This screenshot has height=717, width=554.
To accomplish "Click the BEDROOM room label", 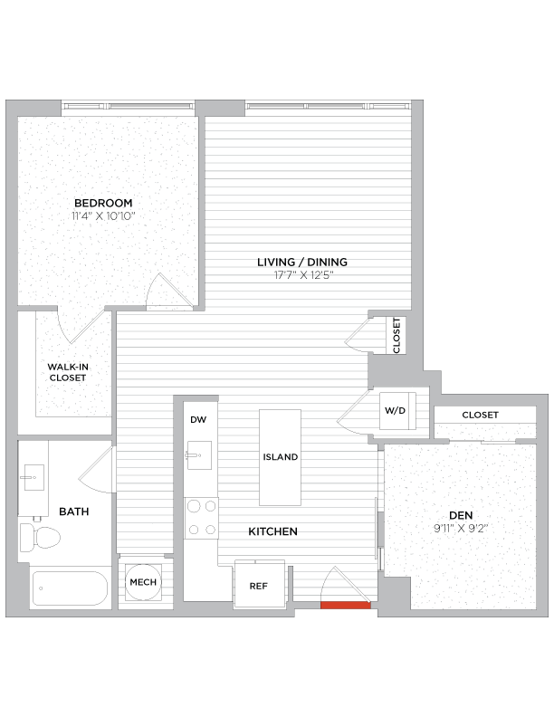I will (x=103, y=202).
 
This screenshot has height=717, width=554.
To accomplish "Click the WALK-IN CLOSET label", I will (x=67, y=372).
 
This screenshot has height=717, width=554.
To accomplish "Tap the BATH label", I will (x=73, y=511).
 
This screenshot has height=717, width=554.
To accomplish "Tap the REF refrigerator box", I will (x=258, y=585).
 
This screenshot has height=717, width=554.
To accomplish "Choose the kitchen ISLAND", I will (x=280, y=457).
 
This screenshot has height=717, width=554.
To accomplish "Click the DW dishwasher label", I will (x=197, y=420).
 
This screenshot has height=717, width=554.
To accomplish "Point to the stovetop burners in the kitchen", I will (x=200, y=518).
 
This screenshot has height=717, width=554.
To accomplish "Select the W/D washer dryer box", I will (x=396, y=410).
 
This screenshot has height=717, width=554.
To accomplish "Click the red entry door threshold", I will (x=345, y=605).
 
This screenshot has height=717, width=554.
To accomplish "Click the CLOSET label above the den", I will (x=480, y=415).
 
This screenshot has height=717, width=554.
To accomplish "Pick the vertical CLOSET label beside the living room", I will (x=396, y=335).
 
